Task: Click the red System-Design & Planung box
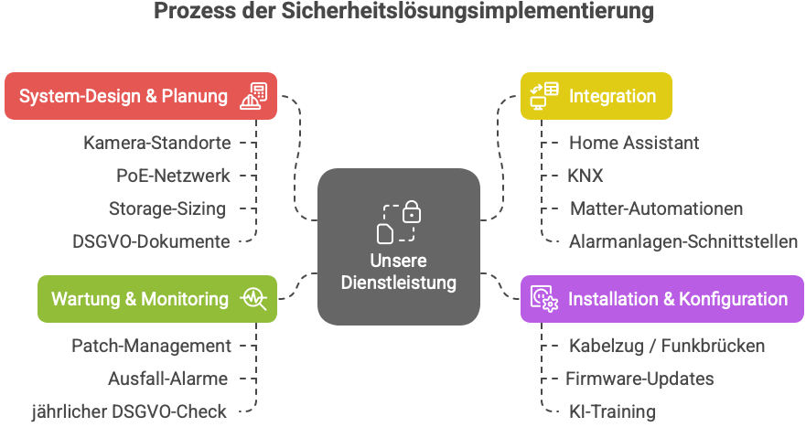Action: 141,96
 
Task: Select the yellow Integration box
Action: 596,96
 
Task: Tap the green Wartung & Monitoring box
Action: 156,299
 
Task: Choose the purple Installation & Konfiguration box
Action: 661,299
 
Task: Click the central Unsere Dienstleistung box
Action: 398,247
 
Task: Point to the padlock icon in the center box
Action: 413,213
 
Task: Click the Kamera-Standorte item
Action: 156,143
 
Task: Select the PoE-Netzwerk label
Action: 173,176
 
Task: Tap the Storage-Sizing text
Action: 167,208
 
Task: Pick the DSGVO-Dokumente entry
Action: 151,241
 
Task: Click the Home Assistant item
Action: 634,143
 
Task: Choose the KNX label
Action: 586,176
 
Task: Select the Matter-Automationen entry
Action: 656,208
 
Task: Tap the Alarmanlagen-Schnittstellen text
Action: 682,241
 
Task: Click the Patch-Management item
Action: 151,346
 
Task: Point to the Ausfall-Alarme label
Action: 167,379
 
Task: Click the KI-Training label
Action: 612,411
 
